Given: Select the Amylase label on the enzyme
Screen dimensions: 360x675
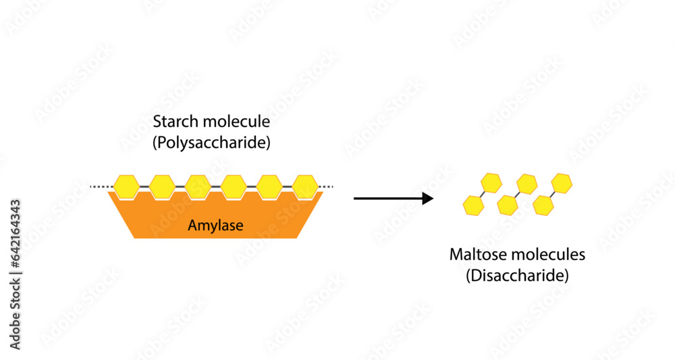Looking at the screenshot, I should (216, 226).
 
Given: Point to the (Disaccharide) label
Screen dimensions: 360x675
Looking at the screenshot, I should (517, 276).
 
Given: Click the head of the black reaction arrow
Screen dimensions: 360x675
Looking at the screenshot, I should (428, 199).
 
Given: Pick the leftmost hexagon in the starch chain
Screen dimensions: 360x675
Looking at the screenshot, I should (126, 186).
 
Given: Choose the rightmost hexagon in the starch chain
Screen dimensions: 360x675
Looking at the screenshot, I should (305, 186).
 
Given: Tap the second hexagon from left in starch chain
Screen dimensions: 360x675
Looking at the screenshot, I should (162, 186).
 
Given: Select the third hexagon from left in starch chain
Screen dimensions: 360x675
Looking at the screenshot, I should (198, 186).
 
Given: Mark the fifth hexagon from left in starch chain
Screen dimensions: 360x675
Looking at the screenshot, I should (269, 186).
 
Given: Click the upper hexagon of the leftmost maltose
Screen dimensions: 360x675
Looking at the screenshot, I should (491, 182).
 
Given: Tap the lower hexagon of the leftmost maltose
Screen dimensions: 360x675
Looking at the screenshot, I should (473, 205).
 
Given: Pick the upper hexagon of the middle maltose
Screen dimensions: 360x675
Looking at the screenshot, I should (526, 183).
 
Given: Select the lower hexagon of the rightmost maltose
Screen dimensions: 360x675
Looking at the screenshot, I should (543, 205).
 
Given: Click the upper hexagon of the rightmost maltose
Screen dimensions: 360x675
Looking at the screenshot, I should (562, 183).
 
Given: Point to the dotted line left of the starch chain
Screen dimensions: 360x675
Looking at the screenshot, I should (101, 186).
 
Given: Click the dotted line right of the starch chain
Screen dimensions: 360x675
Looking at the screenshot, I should (327, 186).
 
